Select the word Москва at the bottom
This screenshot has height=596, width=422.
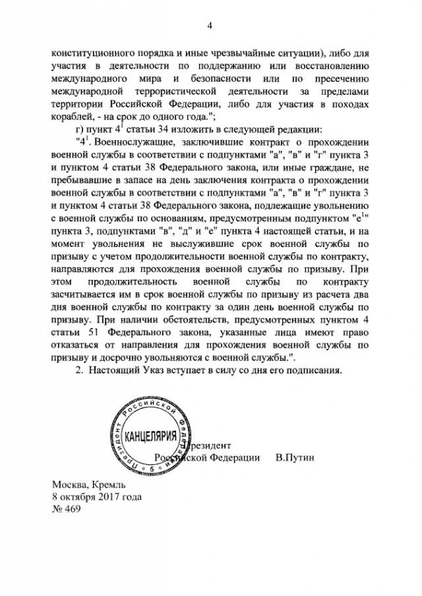69,485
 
